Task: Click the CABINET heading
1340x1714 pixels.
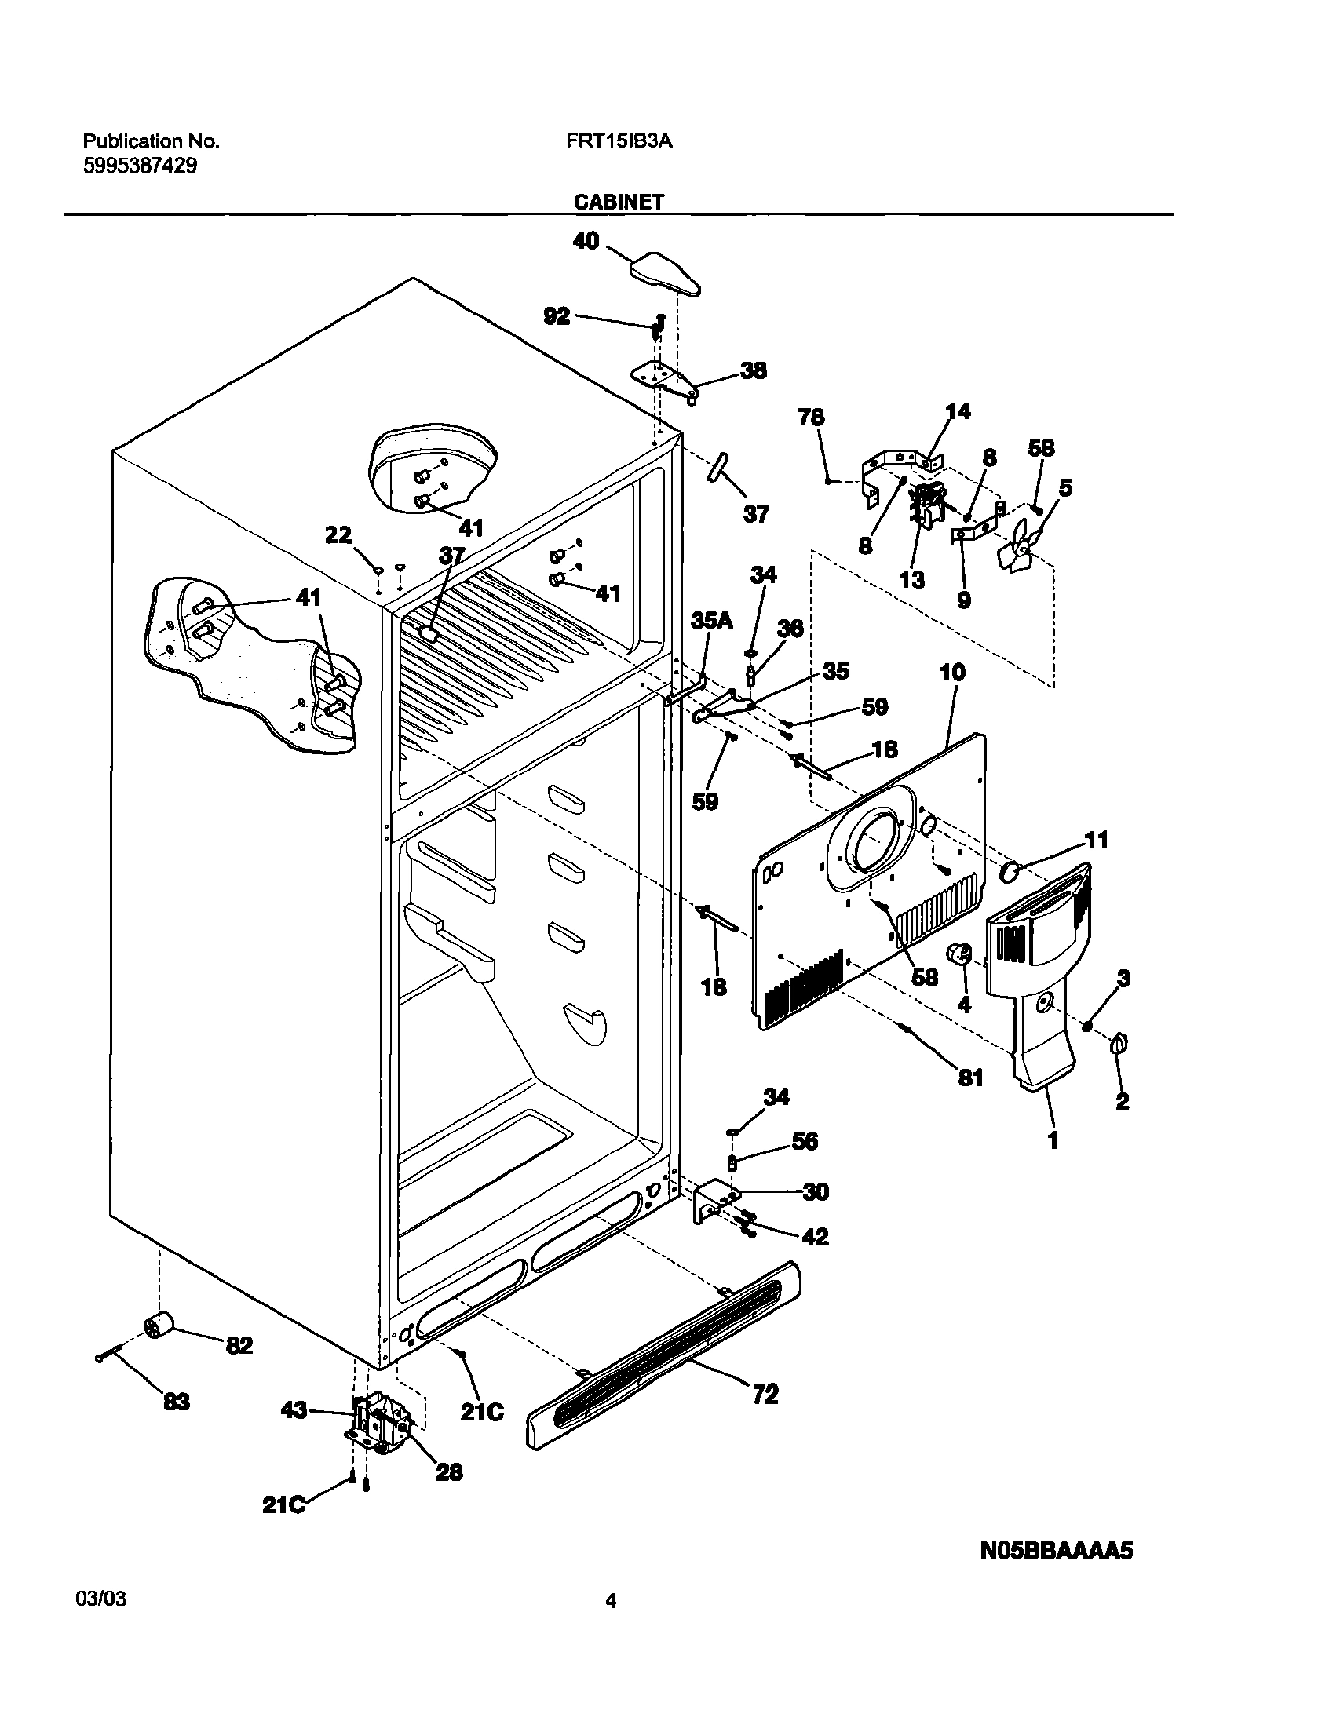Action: click(619, 202)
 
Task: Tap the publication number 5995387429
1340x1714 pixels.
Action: click(140, 166)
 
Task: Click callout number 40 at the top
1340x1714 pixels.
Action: click(586, 241)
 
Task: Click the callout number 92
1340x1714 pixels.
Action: click(557, 317)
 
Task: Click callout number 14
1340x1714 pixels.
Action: click(958, 411)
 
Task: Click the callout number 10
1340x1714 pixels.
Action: click(952, 673)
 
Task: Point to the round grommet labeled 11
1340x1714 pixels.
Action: click(1010, 870)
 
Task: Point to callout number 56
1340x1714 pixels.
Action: click(804, 1141)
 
